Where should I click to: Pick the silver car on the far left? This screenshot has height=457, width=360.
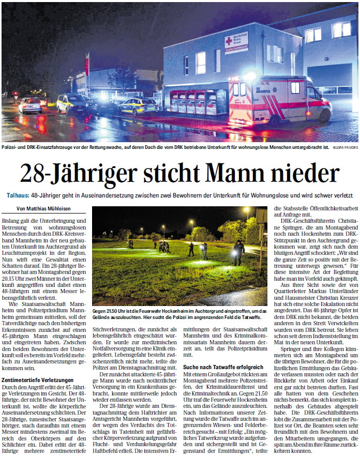coord(31,105)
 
